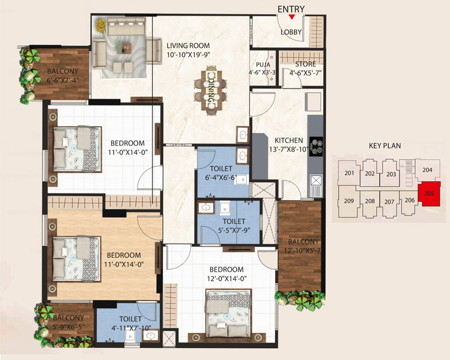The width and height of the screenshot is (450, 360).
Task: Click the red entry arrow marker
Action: (x=291, y=17)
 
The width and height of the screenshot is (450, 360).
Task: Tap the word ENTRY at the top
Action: (x=291, y=9)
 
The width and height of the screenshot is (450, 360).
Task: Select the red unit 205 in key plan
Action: (x=429, y=193)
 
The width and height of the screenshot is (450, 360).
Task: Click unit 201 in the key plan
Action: (x=349, y=173)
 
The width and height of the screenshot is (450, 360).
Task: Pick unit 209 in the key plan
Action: (x=349, y=201)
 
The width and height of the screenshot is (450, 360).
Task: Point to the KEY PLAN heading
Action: (x=385, y=146)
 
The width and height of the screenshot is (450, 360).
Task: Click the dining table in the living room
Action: (x=211, y=91)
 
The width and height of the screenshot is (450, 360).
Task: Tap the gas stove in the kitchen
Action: (x=316, y=146)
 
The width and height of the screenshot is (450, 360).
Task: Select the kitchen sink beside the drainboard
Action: (x=316, y=181)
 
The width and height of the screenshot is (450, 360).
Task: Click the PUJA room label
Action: (x=263, y=65)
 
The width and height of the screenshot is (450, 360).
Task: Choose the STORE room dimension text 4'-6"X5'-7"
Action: (x=305, y=73)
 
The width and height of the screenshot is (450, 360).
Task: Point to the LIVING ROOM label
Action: (x=188, y=46)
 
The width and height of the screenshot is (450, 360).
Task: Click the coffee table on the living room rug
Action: (x=124, y=48)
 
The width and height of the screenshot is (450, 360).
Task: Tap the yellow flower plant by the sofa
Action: (x=101, y=25)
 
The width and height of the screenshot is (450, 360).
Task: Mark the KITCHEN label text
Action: (x=289, y=141)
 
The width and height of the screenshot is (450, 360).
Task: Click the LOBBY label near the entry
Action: (x=291, y=32)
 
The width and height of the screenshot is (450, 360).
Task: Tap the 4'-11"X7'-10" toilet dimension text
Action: (x=132, y=328)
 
